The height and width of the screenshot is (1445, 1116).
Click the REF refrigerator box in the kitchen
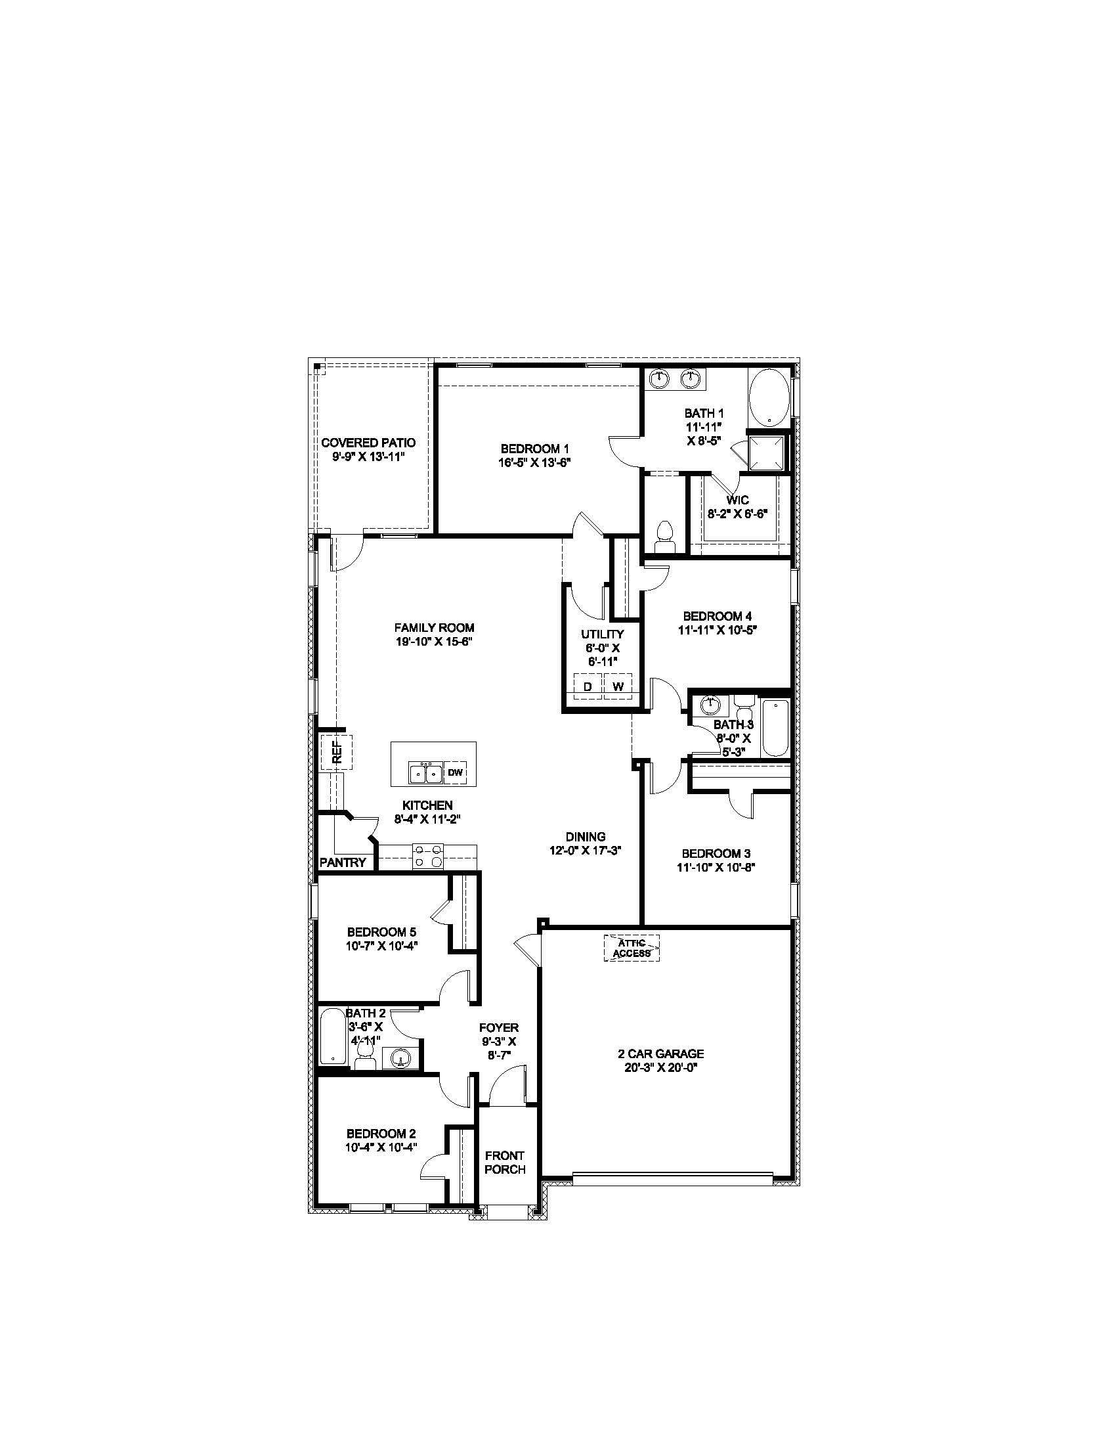tap(337, 751)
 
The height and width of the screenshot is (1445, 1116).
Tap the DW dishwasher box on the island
tap(455, 772)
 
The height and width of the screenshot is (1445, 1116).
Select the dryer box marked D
tap(587, 686)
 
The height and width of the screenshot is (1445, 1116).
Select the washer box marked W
tap(618, 686)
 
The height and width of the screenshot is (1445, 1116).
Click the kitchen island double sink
tap(426, 772)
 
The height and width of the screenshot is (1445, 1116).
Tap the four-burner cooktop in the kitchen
tap(428, 856)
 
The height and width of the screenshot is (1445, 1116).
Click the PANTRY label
tap(343, 862)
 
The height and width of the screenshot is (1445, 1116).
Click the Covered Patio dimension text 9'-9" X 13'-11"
tap(368, 456)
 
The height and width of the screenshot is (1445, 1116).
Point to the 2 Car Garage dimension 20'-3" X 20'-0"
tap(666, 1067)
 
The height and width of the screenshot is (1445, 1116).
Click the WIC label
tap(737, 500)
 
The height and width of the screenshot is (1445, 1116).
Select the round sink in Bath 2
tap(401, 1059)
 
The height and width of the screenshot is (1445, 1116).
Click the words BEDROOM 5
tap(381, 931)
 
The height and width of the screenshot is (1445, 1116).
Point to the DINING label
tap(585, 836)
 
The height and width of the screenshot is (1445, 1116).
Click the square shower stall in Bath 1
tap(768, 453)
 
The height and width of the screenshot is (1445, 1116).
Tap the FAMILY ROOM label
tap(435, 627)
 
